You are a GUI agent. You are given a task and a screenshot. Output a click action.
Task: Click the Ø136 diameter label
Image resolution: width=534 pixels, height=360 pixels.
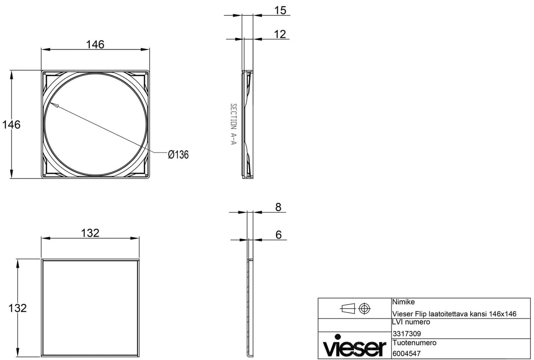point(178,155)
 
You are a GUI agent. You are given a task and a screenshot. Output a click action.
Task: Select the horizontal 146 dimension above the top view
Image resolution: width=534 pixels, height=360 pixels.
point(95,44)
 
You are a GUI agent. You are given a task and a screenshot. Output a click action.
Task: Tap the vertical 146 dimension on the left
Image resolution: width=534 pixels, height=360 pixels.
point(11,124)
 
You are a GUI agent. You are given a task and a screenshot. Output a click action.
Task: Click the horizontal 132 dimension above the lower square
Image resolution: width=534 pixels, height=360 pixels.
point(90,233)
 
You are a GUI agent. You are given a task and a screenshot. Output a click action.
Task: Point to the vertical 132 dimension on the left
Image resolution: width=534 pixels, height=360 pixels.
point(18,308)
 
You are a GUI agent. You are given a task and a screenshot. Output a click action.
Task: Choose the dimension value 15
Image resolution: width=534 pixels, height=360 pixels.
point(280,11)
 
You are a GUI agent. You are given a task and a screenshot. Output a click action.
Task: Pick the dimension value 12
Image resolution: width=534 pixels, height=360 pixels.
point(280,34)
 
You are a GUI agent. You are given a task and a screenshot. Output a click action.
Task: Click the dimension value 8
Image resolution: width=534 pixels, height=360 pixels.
point(278,207)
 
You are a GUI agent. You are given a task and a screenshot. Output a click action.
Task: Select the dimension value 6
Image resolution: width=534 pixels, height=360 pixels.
point(278,235)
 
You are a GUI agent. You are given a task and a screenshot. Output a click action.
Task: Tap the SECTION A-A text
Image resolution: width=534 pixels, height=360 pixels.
point(234,126)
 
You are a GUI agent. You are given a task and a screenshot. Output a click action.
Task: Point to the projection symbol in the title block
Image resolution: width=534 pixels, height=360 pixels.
point(355,309)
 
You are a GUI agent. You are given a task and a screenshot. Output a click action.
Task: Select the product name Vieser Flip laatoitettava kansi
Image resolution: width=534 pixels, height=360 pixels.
point(454,313)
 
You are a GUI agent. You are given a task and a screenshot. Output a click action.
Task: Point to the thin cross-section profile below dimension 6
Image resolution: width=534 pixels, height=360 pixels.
point(249,308)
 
